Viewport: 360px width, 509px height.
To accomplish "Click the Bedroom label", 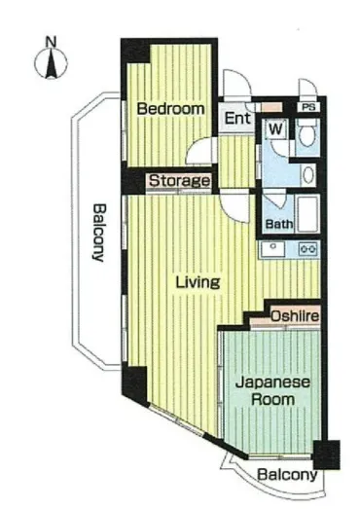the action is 170,109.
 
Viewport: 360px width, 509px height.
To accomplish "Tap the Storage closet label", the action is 179,181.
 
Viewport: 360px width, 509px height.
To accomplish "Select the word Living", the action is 198,282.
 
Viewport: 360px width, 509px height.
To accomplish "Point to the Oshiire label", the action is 295,316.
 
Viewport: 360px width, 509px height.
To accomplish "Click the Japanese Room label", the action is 272,391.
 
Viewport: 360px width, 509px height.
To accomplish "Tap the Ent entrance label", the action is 237,118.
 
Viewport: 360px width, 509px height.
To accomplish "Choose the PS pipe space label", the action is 308,107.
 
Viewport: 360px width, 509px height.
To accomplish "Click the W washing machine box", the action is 276,128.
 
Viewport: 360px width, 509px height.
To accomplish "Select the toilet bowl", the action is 307,134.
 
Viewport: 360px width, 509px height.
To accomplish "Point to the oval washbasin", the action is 308,175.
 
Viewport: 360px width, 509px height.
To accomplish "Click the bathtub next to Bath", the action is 308,214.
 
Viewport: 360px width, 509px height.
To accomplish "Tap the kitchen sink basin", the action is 272,249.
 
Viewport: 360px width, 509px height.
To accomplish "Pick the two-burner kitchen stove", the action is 308,249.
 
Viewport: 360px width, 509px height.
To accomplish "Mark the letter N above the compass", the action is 51,42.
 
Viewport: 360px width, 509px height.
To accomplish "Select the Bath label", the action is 279,224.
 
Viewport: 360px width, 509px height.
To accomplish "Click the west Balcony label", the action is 98,232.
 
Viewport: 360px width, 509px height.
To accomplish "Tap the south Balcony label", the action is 287,475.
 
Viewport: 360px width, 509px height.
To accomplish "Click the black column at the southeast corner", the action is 327,454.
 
